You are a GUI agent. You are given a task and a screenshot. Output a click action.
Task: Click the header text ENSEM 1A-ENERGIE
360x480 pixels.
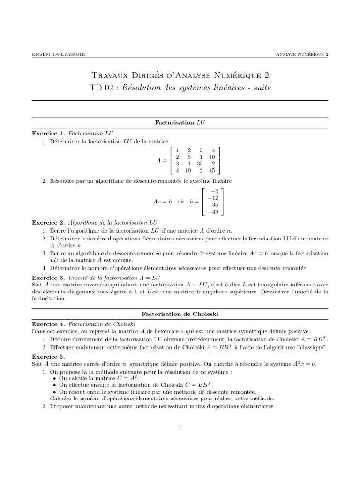click(58, 54)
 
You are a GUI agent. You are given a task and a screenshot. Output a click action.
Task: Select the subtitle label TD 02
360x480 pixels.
click(100, 88)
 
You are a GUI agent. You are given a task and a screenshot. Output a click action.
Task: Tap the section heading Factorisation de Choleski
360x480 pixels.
click(180, 313)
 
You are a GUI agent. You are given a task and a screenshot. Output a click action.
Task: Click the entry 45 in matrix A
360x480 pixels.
click(211, 170)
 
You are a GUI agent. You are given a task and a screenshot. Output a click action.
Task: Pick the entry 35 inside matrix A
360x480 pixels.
click(199, 164)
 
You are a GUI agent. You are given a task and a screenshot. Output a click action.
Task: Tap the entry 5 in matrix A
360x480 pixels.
click(188, 157)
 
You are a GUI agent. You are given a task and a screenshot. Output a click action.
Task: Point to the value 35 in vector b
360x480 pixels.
click(215, 204)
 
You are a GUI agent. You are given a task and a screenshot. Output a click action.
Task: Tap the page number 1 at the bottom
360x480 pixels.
click(180, 426)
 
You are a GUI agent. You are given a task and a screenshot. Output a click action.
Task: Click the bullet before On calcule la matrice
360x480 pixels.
click(55, 377)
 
